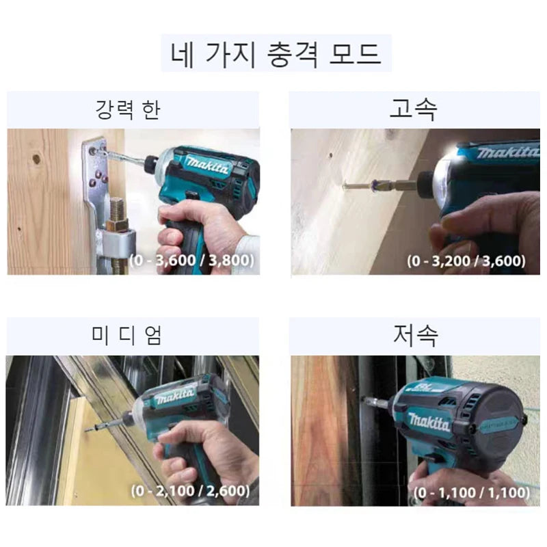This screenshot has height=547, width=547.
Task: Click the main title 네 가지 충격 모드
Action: pyautogui.click(x=276, y=54)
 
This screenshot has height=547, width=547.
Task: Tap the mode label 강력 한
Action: pyautogui.click(x=128, y=109)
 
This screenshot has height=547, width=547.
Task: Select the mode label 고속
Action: pyautogui.click(x=413, y=109)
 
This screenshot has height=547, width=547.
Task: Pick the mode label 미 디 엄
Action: pyautogui.click(x=126, y=335)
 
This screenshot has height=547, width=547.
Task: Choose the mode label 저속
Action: pyautogui.click(x=415, y=335)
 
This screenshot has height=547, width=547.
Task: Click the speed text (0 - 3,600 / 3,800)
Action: pyautogui.click(x=192, y=261)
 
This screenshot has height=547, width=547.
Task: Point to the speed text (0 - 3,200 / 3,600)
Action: pyautogui.click(x=466, y=261)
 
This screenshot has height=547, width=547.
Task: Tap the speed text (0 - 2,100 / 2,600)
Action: pyautogui.click(x=191, y=491)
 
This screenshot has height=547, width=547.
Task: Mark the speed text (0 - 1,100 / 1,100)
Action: pyautogui.click(x=472, y=492)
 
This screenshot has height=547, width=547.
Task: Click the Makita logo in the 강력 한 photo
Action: pyautogui.click(x=208, y=165)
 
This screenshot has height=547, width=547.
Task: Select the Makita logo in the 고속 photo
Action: pyautogui.click(x=508, y=152)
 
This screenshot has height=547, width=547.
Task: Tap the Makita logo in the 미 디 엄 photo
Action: pyautogui.click(x=175, y=396)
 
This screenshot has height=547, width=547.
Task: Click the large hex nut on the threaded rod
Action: pyautogui.click(x=116, y=224)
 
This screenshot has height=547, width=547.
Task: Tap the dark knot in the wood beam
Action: pyautogui.click(x=36, y=159)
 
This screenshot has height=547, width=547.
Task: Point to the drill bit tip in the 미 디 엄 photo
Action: pyautogui.click(x=87, y=431)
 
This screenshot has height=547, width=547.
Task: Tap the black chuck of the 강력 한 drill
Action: pyautogui.click(x=150, y=163)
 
